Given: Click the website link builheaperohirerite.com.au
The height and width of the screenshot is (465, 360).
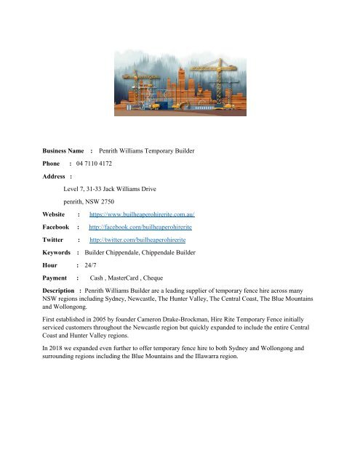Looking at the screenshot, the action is coord(143,216).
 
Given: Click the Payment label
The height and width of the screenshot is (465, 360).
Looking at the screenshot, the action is coord(56,278).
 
